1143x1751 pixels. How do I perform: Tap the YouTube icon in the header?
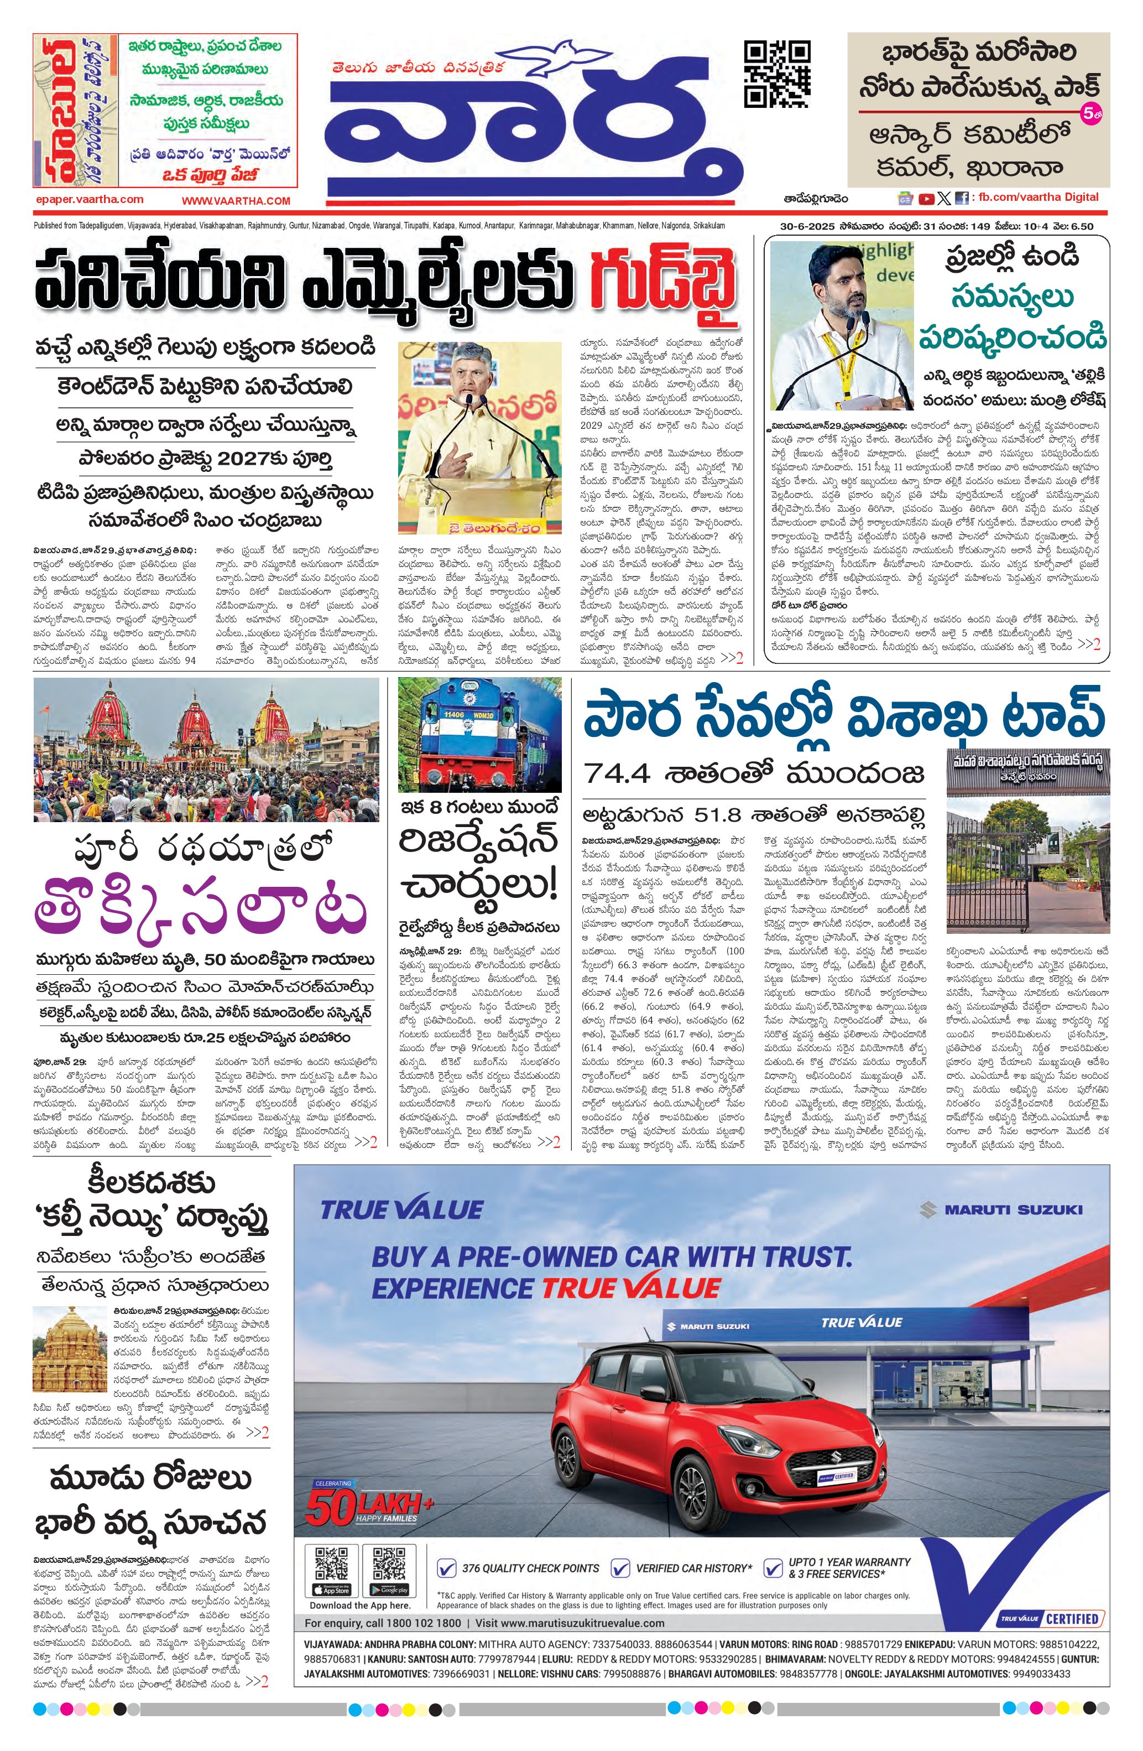926,198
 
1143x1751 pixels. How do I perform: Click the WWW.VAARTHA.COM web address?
236,200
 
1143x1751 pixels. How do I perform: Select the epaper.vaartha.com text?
89,199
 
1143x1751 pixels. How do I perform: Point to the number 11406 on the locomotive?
455,714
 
